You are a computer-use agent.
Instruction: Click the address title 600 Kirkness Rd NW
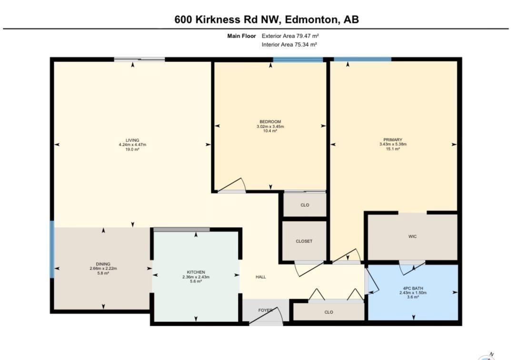coord(267,20)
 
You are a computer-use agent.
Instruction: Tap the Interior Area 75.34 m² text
coord(289,44)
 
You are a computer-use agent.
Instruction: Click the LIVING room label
coord(132,140)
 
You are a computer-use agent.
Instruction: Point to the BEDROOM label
coord(270,122)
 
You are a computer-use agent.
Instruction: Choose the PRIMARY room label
coord(393,140)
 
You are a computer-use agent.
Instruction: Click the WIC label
coord(412,236)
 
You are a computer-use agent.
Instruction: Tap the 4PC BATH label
coord(412,288)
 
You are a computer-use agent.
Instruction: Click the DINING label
coord(103,264)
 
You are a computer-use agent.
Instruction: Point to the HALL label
coord(260,277)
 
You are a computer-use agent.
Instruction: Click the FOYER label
coord(265,310)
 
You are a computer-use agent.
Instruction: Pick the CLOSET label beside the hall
coord(304,241)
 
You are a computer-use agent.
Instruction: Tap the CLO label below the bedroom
coord(305,205)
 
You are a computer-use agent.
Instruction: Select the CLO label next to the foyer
coord(328,312)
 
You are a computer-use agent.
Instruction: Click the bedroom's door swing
coord(233,185)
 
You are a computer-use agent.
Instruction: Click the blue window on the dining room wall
coord(52,249)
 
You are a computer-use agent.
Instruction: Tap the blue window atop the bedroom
coord(298,60)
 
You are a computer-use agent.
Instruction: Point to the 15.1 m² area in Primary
coord(393,149)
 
